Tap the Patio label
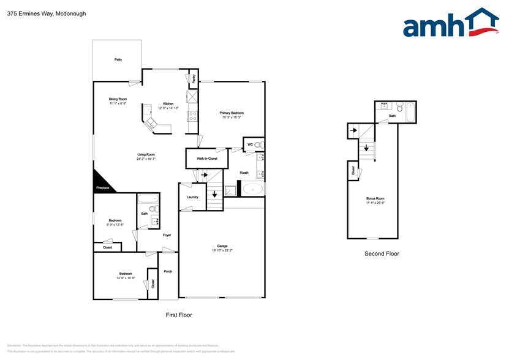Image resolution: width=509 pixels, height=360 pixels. coord(118,59)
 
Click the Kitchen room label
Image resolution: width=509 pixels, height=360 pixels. coord(168,103)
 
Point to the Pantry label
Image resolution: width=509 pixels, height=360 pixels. coord(194,78)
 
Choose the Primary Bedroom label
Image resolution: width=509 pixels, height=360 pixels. coord(232,113)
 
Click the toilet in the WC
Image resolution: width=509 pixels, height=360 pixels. coord(257,144)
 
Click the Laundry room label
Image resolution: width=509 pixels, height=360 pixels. coord(192,197)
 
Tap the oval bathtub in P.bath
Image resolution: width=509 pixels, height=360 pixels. coord(251,189)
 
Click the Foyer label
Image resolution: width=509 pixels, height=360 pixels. coord(167,235)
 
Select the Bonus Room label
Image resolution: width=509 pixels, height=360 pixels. coord(375,199)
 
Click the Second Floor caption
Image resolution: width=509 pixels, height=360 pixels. coord(382,253)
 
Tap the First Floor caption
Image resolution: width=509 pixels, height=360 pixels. coord(179,315)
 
